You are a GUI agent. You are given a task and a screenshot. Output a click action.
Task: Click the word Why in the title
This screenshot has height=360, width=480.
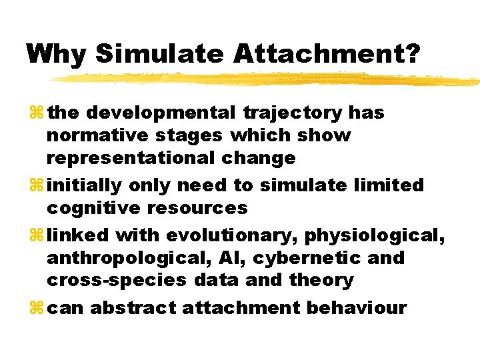(56, 53)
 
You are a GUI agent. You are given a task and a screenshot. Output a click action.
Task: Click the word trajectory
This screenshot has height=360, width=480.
(293, 113)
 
